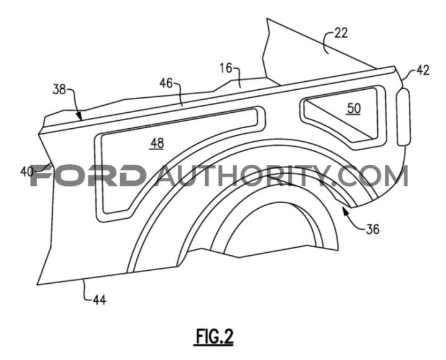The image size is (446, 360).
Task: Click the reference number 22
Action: tap(341, 33)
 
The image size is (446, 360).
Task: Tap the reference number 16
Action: tap(226, 69)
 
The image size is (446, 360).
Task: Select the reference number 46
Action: tap(166, 83)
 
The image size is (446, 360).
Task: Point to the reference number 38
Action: tap(59, 90)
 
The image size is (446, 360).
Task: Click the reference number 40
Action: tap(27, 172)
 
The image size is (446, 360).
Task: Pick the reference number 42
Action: tap(422, 70)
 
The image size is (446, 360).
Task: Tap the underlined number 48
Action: tap(157, 144)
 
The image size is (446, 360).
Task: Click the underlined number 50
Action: tap(354, 108)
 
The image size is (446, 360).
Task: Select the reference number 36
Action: tap(373, 229)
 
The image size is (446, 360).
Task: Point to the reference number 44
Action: tap(100, 300)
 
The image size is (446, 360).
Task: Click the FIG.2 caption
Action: tap(214, 337)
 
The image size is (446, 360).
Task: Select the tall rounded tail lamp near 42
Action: tap(404, 117)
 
